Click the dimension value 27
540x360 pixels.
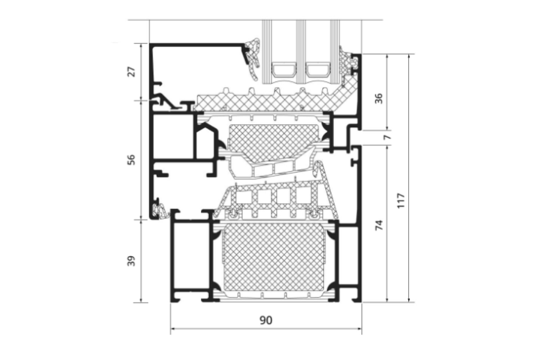click(x=131, y=72)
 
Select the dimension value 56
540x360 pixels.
click(x=131, y=160)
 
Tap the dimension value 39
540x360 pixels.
click(x=131, y=261)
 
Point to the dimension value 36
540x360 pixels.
click(x=379, y=99)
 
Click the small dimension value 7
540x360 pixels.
click(x=387, y=137)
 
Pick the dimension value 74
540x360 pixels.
click(x=379, y=225)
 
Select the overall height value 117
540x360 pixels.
click(x=400, y=201)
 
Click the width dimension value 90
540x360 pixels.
click(x=266, y=320)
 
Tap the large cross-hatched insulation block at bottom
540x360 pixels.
click(x=274, y=257)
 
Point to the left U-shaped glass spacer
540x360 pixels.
click(x=284, y=70)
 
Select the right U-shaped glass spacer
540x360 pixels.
click(x=317, y=70)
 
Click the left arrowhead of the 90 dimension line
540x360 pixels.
click(x=172, y=328)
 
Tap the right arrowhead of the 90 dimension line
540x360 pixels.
click(x=360, y=328)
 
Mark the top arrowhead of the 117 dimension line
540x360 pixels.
click(x=409, y=56)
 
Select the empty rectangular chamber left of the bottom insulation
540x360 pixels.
click(x=191, y=255)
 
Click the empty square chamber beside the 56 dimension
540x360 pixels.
click(x=173, y=136)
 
